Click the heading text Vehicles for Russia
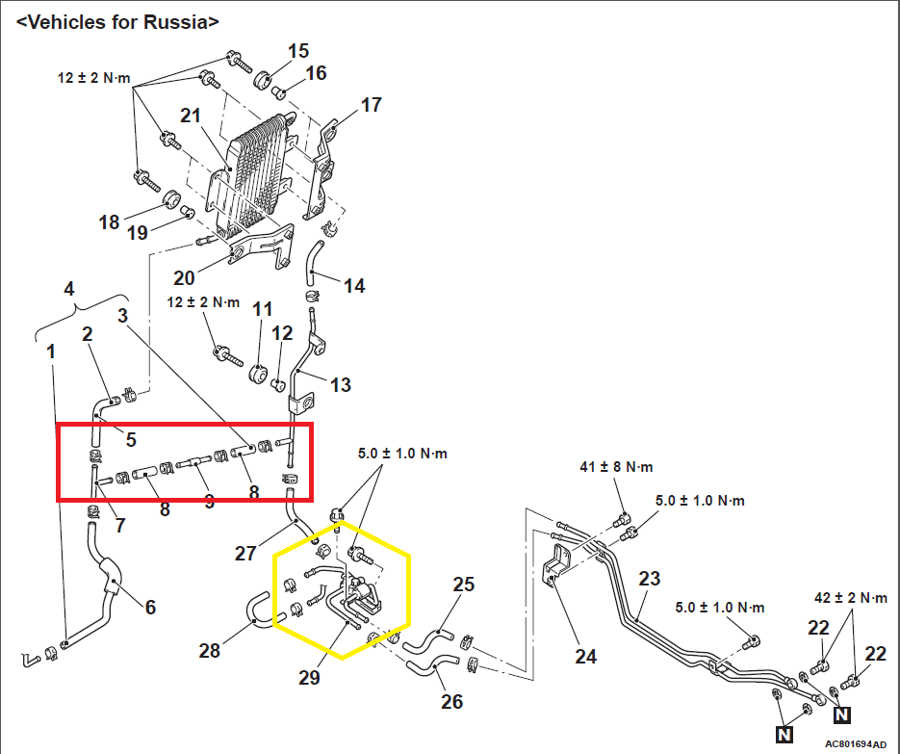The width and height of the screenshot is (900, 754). click(117, 20)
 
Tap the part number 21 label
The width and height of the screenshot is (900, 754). click(190, 116)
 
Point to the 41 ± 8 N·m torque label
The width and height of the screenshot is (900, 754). click(616, 467)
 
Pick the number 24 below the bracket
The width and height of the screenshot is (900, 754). click(585, 657)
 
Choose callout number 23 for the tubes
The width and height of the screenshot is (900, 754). click(650, 579)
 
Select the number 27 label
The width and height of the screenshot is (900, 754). click(246, 553)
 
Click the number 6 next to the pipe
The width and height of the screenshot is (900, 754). click(149, 608)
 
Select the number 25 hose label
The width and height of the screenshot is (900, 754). click(464, 584)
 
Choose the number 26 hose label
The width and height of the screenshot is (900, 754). click(450, 701)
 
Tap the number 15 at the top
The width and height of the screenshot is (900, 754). click(298, 50)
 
